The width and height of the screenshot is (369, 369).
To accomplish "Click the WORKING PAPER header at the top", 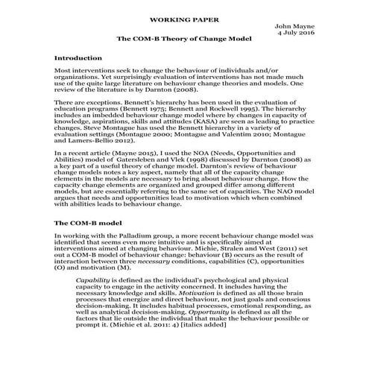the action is pyautogui.click(x=184, y=15).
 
